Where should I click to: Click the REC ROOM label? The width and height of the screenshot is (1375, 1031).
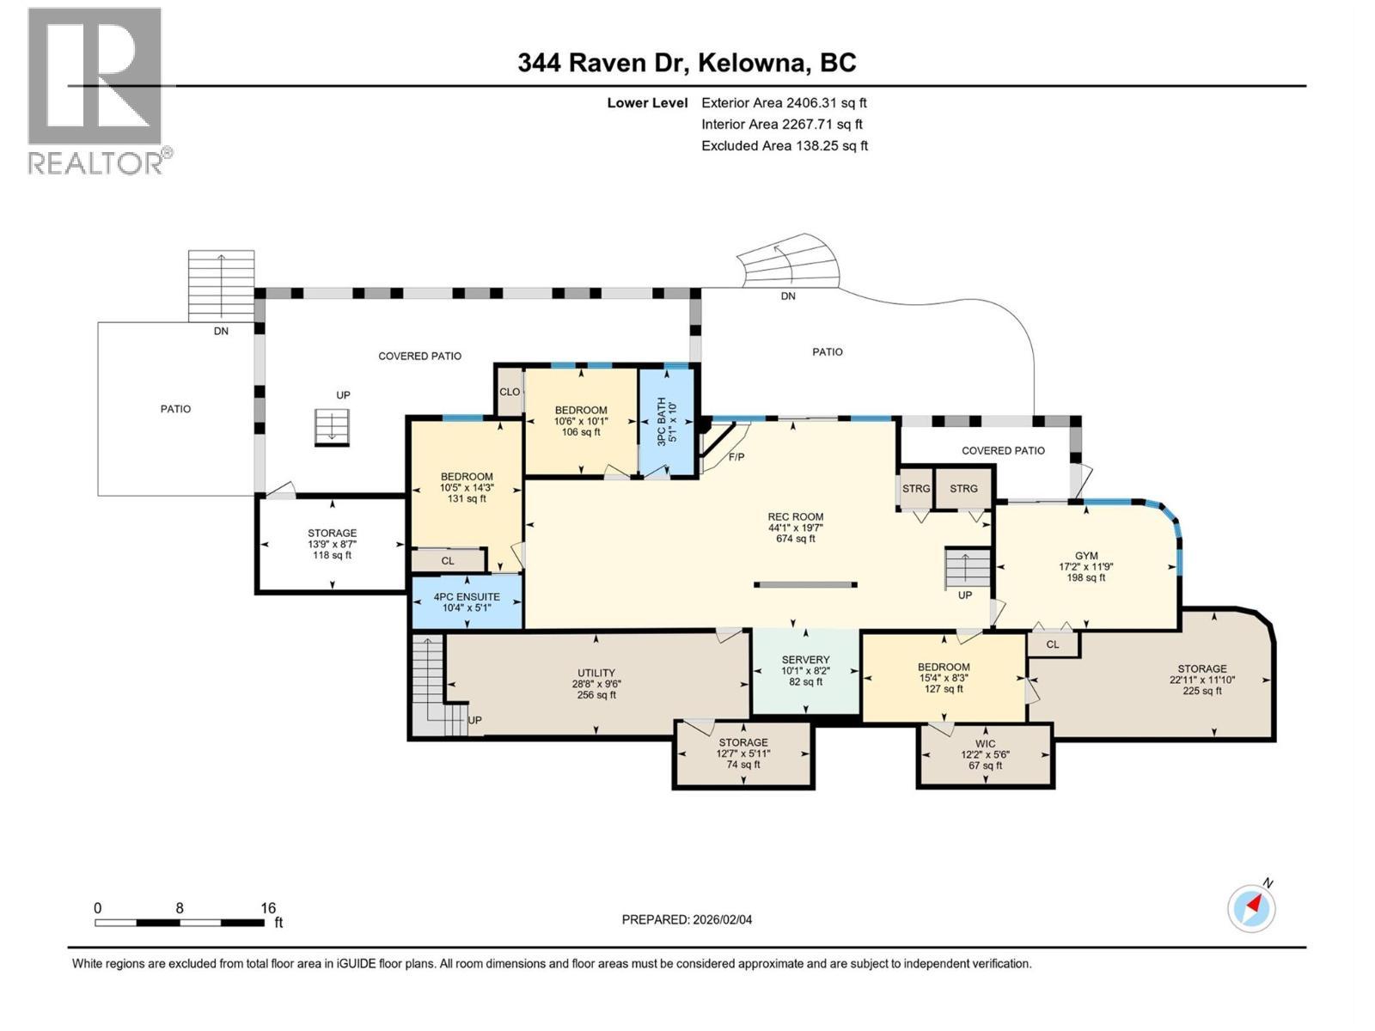[796, 517]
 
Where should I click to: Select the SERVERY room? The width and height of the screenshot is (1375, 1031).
[805, 660]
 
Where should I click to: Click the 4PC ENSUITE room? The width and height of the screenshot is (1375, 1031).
[467, 597]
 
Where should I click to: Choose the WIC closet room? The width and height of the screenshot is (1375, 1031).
[985, 744]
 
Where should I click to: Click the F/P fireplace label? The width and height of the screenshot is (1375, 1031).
[736, 457]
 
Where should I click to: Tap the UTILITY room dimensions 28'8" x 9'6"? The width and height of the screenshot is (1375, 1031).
[596, 684]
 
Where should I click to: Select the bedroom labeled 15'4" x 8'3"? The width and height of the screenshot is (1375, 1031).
[944, 678]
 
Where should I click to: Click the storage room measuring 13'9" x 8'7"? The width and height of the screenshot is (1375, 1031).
[332, 544]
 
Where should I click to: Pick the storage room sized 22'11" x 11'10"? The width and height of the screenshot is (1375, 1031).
[1201, 680]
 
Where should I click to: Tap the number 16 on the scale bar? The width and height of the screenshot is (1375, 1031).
[268, 908]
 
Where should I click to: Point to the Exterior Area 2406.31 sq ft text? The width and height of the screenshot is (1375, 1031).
[783, 103]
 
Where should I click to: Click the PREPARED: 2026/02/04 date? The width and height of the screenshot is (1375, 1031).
[687, 919]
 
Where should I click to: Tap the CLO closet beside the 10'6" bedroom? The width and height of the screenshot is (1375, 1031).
[510, 392]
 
